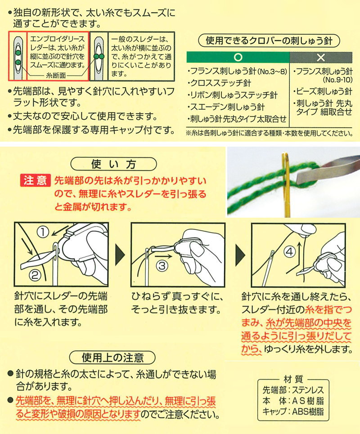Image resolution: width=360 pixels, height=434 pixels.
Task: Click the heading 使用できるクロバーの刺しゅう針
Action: pos(269,40)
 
